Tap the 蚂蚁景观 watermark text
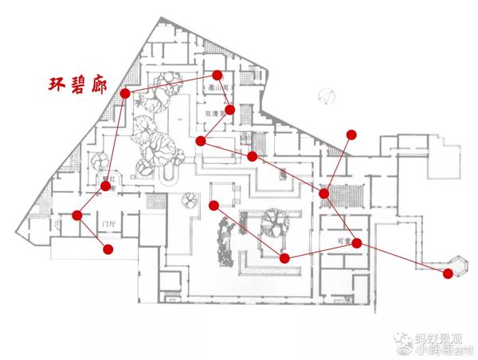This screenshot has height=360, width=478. [x=439, y=337]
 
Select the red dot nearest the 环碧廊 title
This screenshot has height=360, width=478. [x=125, y=93]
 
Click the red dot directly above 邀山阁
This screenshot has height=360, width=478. [x=217, y=76]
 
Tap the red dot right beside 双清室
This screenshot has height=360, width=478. [x=230, y=110]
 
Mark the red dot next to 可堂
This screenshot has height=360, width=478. [x=357, y=243]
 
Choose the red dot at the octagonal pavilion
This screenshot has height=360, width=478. [x=448, y=273]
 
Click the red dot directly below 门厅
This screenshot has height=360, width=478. [x=108, y=249]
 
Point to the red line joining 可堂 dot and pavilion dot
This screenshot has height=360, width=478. [x=402, y=258]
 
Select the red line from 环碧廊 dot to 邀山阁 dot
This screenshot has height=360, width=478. [x=170, y=84]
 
